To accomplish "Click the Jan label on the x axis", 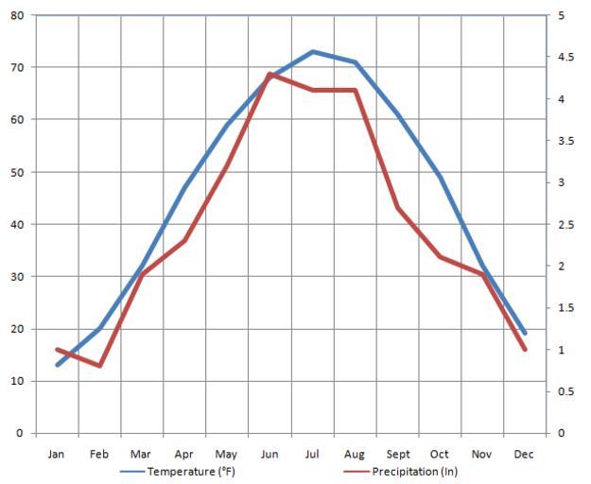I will [x=57, y=455].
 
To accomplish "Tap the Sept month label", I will [x=398, y=455].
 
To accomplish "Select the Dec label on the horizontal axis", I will [x=525, y=455].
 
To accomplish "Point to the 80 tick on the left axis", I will [x=17, y=15].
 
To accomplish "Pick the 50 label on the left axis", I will [x=17, y=172].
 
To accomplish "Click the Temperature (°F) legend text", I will [x=191, y=472].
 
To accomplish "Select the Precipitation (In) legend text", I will [x=413, y=472].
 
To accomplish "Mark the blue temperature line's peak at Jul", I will [x=312, y=51].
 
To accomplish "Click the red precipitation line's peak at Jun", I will [x=269, y=74].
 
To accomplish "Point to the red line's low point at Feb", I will [x=99, y=366].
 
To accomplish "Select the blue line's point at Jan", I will [x=57, y=365].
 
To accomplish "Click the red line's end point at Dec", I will [x=525, y=350].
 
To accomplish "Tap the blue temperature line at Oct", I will [x=440, y=177].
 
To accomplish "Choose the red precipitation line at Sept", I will [x=397, y=208].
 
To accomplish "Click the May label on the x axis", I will [x=227, y=455].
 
